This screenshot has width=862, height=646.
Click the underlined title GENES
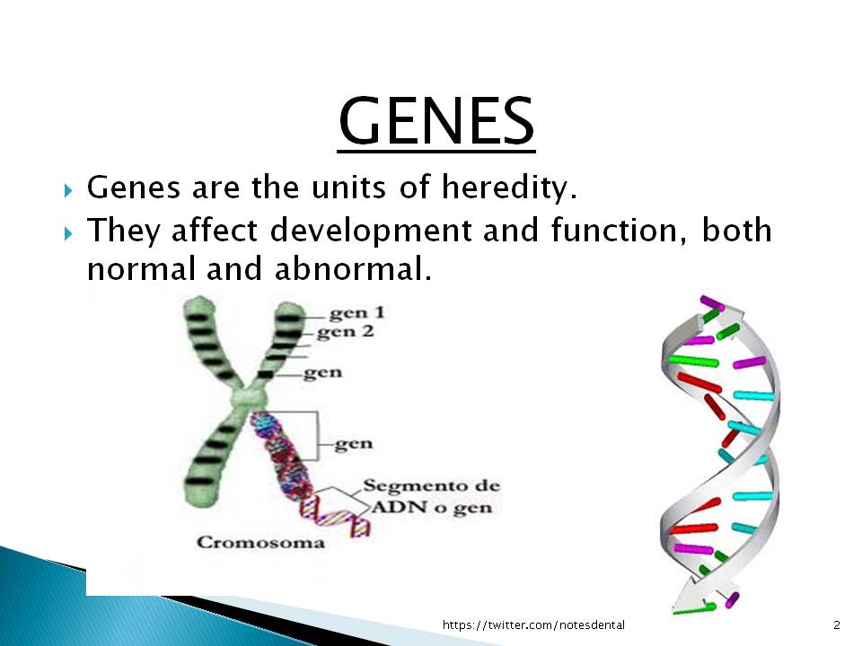point(436,121)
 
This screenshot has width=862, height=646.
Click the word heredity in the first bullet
point(509,188)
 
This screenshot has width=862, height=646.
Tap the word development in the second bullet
point(371,231)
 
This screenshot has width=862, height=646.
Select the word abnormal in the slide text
point(352,269)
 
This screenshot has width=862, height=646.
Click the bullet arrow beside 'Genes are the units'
point(67,191)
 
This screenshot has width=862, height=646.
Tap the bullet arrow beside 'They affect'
point(67,234)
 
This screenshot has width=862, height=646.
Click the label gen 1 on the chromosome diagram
point(356,313)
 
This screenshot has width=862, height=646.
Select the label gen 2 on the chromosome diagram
point(345,332)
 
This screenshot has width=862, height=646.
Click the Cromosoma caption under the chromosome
point(260,543)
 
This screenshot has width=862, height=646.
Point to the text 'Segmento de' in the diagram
point(432,486)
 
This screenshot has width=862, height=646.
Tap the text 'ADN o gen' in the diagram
point(432,507)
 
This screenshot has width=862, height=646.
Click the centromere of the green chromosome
point(249,396)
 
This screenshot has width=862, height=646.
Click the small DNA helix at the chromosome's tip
point(335,514)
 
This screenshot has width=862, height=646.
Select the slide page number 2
point(837,625)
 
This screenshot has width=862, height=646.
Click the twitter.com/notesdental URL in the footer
point(533,625)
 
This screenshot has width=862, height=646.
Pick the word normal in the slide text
point(141,269)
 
